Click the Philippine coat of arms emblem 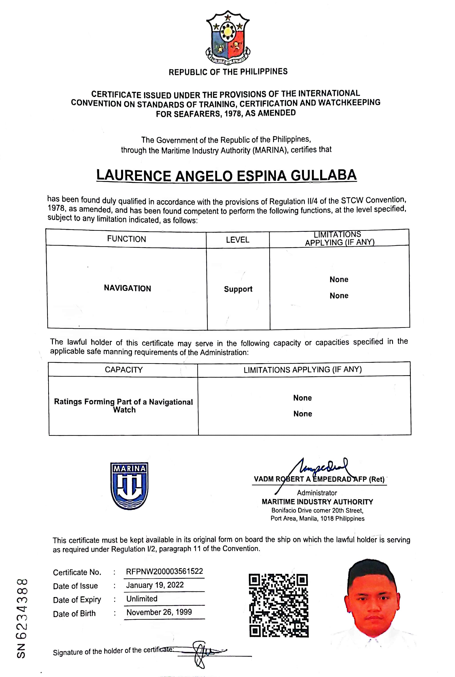click(x=228, y=38)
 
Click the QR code click(x=279, y=605)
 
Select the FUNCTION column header click(x=126, y=239)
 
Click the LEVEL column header click(x=238, y=240)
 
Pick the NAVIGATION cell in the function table click(x=127, y=288)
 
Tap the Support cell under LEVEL click(x=238, y=289)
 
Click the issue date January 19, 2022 click(x=155, y=585)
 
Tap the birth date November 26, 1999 click(x=159, y=612)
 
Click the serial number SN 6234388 click(x=22, y=618)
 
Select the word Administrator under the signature click(x=317, y=492)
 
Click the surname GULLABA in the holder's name click(x=323, y=175)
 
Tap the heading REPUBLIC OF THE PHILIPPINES click(x=228, y=72)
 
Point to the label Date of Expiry click(x=77, y=599)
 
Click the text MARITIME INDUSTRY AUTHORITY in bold click(x=317, y=502)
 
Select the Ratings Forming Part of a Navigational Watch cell click(x=124, y=406)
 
